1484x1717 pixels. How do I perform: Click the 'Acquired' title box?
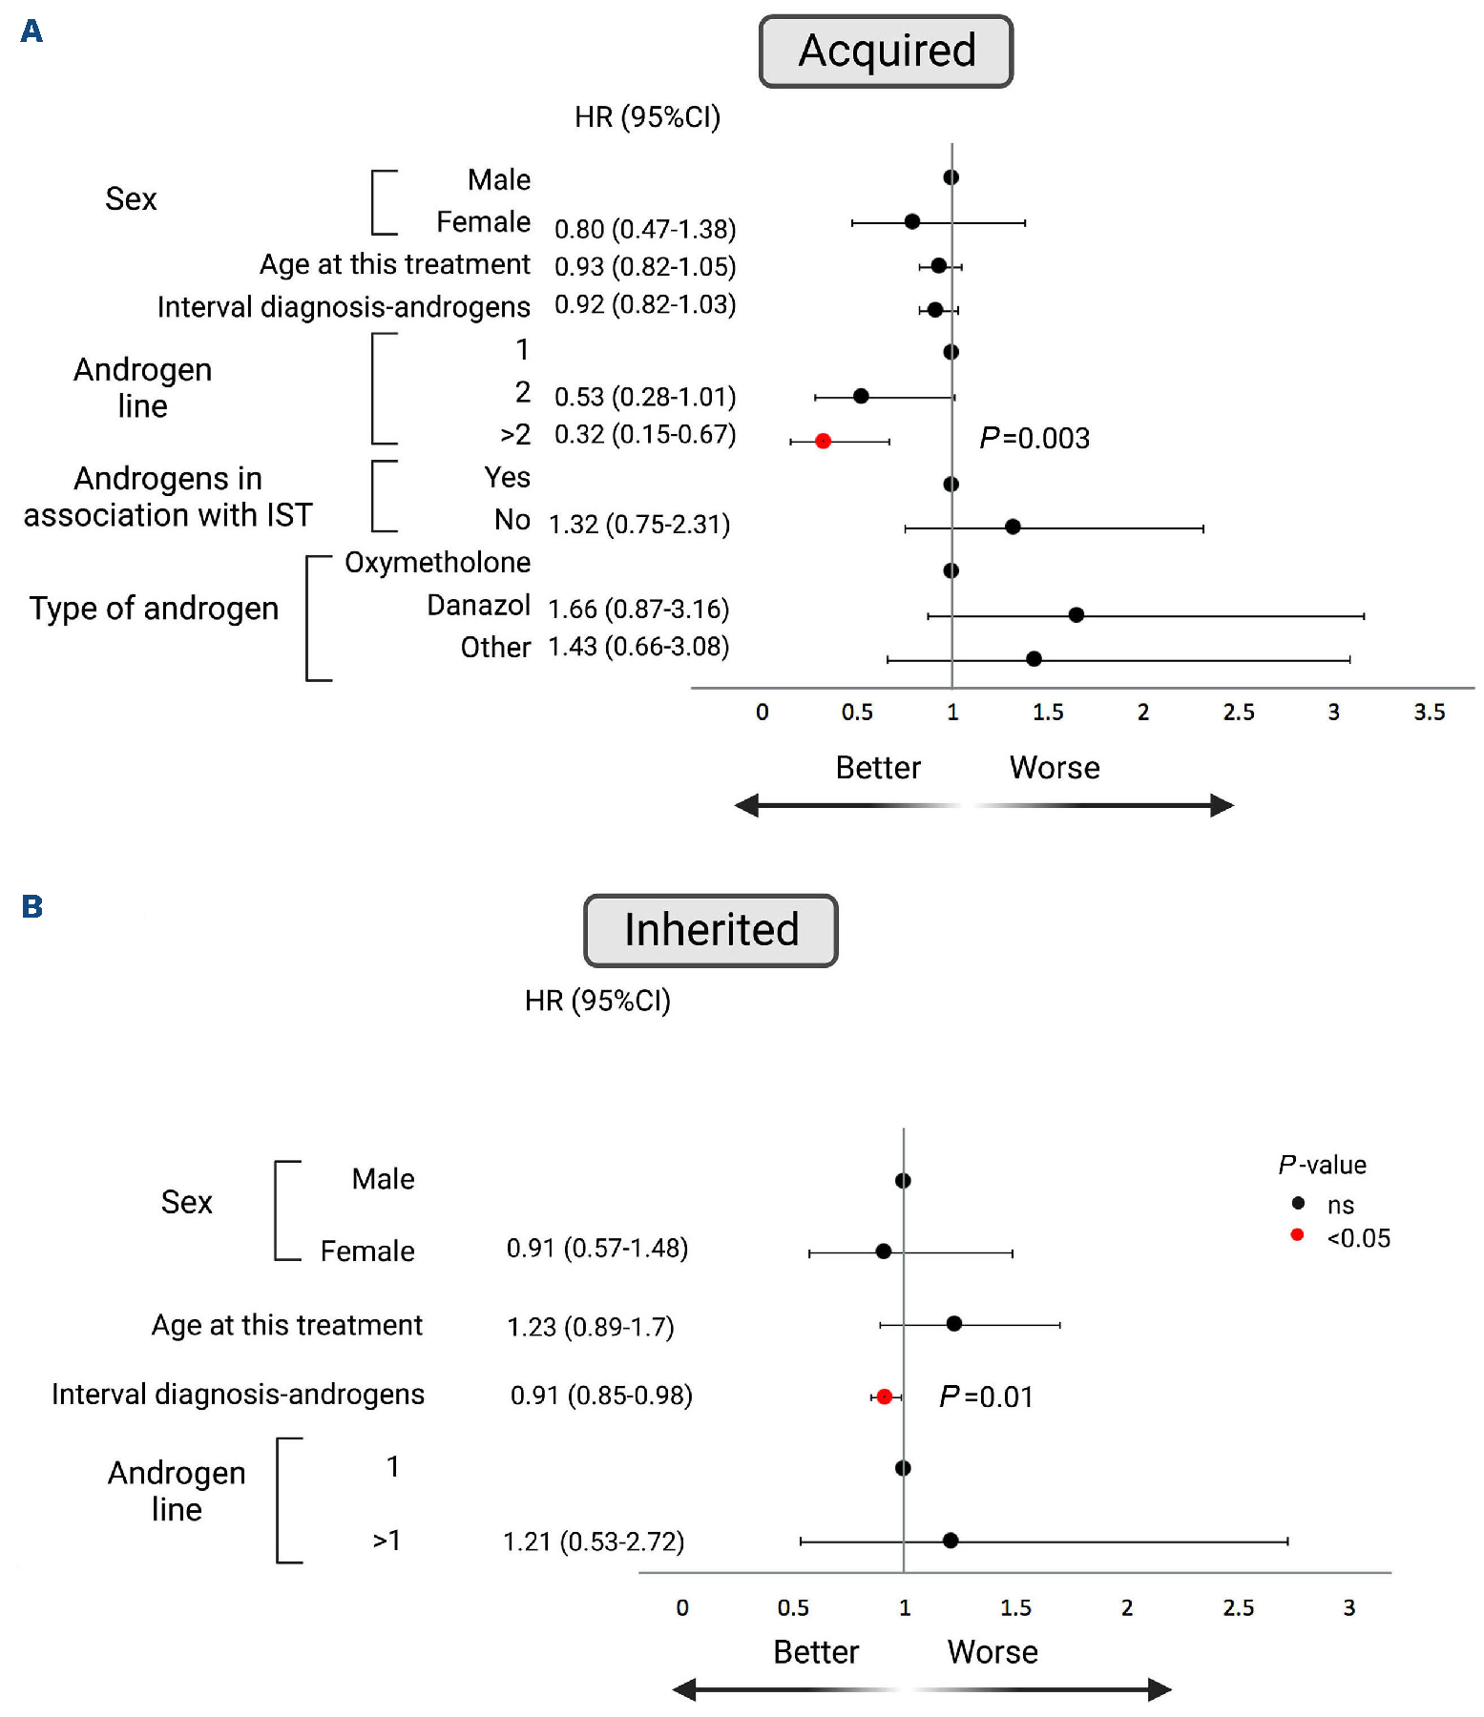point(886,52)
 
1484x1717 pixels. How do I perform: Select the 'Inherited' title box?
point(711,930)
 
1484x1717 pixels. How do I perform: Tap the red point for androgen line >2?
point(823,441)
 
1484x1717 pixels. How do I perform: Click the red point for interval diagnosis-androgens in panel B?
point(884,1396)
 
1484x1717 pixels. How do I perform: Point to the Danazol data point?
point(1076,615)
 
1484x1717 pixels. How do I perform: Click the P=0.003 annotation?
point(1035,439)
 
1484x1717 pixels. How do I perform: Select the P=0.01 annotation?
point(986,1397)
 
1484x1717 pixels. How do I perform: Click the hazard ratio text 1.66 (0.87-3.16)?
point(638,609)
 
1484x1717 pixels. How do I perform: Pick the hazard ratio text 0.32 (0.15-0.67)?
point(645,435)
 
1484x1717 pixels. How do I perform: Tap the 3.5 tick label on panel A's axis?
point(1429,713)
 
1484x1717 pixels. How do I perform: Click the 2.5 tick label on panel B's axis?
point(1238,1608)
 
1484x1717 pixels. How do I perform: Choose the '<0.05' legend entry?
point(1358,1238)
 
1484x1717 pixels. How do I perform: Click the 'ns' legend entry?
point(1340,1206)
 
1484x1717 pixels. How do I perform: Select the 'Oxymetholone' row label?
point(437,563)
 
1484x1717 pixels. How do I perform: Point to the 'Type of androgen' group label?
point(154,609)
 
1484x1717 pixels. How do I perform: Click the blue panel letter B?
point(32,906)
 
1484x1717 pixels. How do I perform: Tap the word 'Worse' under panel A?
point(1055,768)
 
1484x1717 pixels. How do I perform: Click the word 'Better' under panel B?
point(816,1652)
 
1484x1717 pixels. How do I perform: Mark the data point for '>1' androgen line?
point(950,1541)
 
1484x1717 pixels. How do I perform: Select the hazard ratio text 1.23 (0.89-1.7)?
point(591,1327)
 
